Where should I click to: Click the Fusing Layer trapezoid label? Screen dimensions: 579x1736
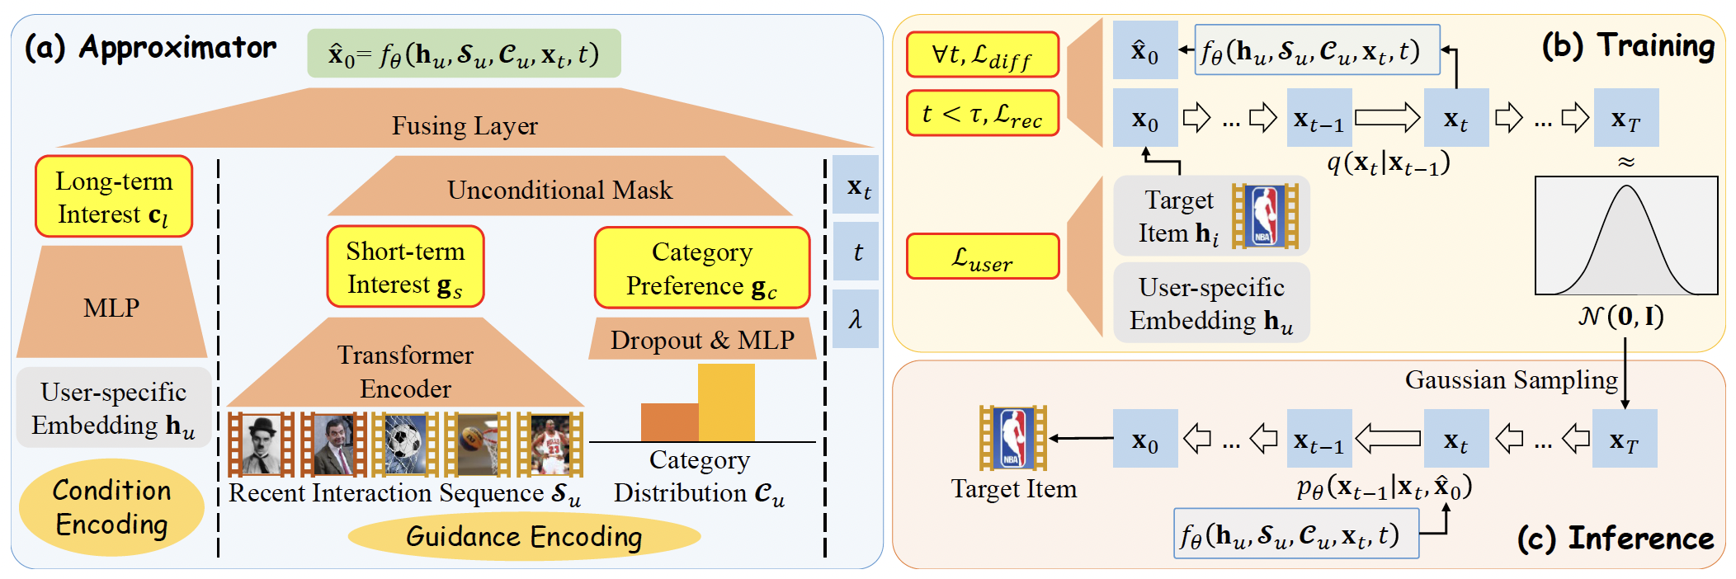pyautogui.click(x=465, y=125)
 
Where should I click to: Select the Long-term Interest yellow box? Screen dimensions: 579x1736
pyautogui.click(x=114, y=197)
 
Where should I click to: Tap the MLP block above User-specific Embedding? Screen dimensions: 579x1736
pyautogui.click(x=111, y=308)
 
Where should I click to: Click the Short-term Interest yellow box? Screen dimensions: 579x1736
pyautogui.click(x=405, y=267)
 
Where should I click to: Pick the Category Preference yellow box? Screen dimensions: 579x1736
pyautogui.click(x=701, y=268)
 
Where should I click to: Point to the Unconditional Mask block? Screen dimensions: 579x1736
pyautogui.click(x=559, y=190)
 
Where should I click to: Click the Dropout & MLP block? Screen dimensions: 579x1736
pyautogui.click(x=702, y=340)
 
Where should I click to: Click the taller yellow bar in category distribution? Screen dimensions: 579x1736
pyautogui.click(x=726, y=402)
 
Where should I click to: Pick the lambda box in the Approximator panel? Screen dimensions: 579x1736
pyautogui.click(x=856, y=318)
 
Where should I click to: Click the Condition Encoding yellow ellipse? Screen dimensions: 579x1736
pyautogui.click(x=111, y=507)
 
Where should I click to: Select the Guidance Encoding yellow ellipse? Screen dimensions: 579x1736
pyautogui.click(x=524, y=537)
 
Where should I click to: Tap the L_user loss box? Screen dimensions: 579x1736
pyautogui.click(x=982, y=257)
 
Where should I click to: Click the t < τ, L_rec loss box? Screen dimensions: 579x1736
pyautogui.click(x=982, y=114)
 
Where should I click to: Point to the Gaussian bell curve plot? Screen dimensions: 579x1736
pyautogui.click(x=1625, y=236)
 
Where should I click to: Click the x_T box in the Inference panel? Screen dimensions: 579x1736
pyautogui.click(x=1625, y=439)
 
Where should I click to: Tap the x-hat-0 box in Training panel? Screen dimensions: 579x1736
pyautogui.click(x=1144, y=51)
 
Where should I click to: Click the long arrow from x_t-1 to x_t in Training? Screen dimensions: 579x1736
pyautogui.click(x=1387, y=118)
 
